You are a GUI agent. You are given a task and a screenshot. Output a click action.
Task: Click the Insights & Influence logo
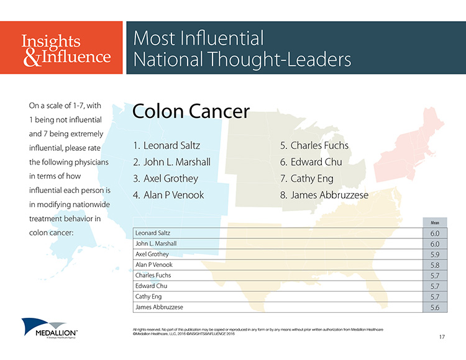tap(66, 50)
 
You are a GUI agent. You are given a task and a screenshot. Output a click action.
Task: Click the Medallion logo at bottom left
tap(50, 328)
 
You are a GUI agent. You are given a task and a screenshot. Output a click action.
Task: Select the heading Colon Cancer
tap(191, 111)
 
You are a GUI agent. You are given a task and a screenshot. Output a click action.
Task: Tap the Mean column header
tap(435, 223)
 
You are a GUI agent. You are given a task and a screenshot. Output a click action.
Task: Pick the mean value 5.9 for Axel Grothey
tap(435, 254)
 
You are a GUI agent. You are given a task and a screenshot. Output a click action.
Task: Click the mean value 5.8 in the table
tap(435, 265)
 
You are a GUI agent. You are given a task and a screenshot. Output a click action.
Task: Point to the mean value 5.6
tap(435, 307)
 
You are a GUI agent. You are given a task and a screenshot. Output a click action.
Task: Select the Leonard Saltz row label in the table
tap(153, 233)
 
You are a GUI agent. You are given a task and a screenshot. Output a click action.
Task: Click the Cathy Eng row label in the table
tap(148, 297)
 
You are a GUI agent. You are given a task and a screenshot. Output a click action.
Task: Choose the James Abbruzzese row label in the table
tap(159, 307)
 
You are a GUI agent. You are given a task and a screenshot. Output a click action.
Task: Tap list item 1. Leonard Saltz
tap(167, 145)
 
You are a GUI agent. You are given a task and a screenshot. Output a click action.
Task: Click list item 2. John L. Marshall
tap(171, 162)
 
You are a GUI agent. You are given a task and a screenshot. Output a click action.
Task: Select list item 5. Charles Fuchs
tap(314, 145)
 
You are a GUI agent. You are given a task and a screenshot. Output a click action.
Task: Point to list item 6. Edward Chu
tap(311, 162)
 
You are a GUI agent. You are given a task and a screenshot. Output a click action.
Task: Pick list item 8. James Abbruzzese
tap(324, 195)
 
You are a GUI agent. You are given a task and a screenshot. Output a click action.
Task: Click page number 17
tap(442, 336)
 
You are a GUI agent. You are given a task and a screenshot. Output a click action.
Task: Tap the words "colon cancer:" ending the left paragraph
tap(51, 233)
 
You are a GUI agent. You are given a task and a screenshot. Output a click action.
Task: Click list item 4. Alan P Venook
tap(168, 195)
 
